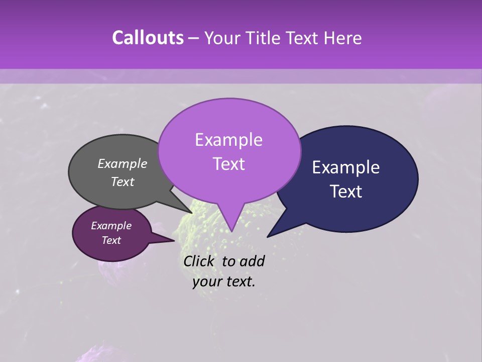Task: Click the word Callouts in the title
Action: tap(148, 38)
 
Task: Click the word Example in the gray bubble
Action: tap(123, 163)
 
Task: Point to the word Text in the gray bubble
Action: tap(123, 182)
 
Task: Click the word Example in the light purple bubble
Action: tap(228, 140)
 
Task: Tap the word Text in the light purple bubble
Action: tap(228, 164)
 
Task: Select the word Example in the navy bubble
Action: tap(346, 167)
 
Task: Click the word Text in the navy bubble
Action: tap(346, 192)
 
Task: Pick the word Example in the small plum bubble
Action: tap(111, 226)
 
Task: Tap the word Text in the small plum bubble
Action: tap(111, 240)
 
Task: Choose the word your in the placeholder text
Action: tap(207, 282)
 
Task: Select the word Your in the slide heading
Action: tap(223, 38)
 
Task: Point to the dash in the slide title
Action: tap(195, 38)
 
